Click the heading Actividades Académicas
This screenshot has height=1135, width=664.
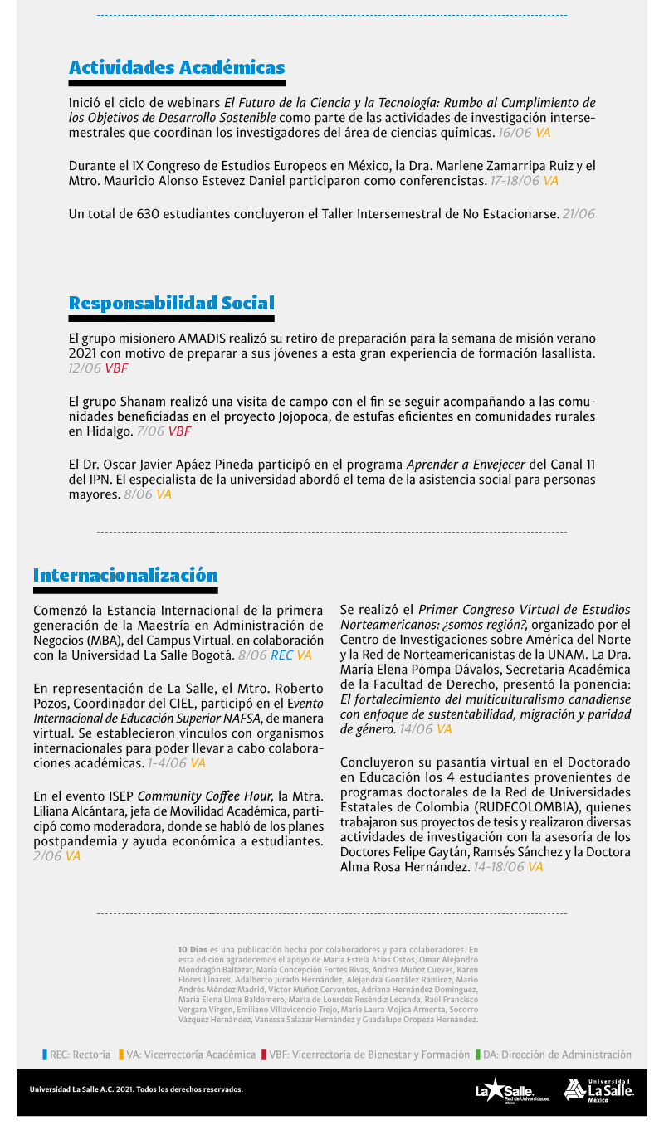(x=177, y=68)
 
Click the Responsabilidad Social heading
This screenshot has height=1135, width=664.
(x=171, y=304)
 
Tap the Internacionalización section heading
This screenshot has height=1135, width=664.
(x=125, y=576)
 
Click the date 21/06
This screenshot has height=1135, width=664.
(x=579, y=214)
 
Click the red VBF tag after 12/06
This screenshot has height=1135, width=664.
(x=116, y=368)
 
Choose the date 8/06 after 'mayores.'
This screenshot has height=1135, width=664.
(x=138, y=494)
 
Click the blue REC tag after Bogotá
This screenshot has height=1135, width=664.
(x=281, y=655)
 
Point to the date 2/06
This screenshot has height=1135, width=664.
(x=47, y=856)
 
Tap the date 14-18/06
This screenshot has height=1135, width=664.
(x=499, y=867)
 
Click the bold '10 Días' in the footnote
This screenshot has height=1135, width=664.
(x=193, y=948)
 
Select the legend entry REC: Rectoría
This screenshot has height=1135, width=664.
(x=76, y=1055)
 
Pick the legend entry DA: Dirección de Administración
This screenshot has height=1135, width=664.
(x=553, y=1055)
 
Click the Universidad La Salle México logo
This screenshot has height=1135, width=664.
(x=599, y=1090)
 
